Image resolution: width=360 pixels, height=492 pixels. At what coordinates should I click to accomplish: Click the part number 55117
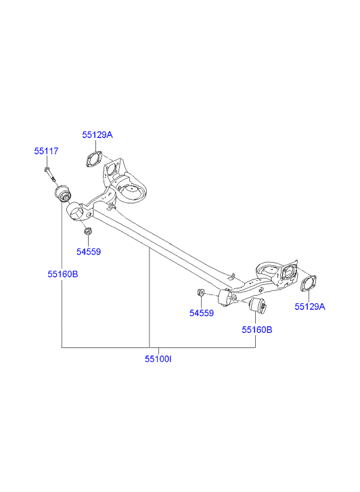point(46,151)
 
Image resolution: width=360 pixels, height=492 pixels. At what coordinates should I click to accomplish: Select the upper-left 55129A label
point(97,135)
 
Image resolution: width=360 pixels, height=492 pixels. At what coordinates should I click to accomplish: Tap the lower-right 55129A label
point(310,307)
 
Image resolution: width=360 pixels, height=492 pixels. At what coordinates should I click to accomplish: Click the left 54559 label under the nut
point(89,252)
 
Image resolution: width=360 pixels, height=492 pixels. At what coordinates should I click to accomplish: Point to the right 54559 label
point(202,313)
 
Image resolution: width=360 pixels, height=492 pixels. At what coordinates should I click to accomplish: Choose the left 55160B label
point(63,274)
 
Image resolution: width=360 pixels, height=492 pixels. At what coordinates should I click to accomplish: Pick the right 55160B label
point(257,330)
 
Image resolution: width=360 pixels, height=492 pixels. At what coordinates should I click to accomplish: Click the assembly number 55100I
point(158,359)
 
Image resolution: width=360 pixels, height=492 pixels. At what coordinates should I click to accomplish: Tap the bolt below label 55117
point(50,175)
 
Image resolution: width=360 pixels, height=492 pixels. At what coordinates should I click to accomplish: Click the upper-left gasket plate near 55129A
point(94,159)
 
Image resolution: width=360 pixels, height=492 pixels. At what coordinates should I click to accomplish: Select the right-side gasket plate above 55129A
point(309,284)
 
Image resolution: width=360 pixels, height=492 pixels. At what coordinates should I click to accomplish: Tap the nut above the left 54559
point(87,231)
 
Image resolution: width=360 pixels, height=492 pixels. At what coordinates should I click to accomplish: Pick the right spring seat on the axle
point(269,270)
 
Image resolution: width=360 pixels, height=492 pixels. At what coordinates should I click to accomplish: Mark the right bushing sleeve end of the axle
point(225,298)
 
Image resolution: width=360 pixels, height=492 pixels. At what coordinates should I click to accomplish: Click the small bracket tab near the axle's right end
point(231,276)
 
